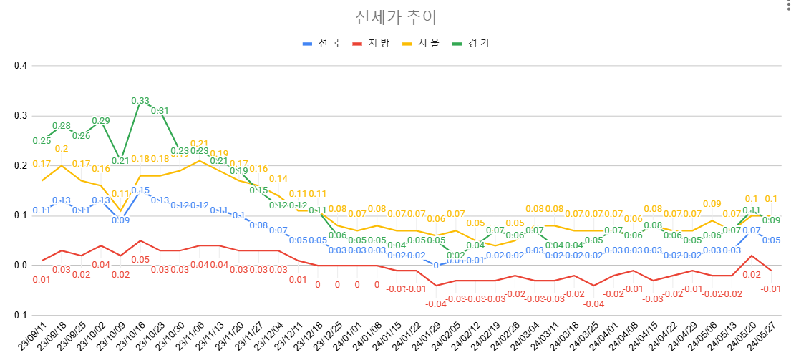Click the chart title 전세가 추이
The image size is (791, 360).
395,16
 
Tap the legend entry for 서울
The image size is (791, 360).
422,43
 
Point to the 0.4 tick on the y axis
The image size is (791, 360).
21,66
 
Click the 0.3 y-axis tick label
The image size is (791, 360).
21,116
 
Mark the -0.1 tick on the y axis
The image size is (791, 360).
19,316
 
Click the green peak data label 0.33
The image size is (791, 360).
140,101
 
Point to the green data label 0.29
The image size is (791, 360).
101,121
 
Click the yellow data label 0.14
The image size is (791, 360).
278,179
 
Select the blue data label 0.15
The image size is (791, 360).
140,190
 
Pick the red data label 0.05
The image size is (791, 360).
140,260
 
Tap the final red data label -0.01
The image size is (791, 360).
771,289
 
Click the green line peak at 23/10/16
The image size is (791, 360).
140,106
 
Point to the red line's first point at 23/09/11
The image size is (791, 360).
42,261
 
